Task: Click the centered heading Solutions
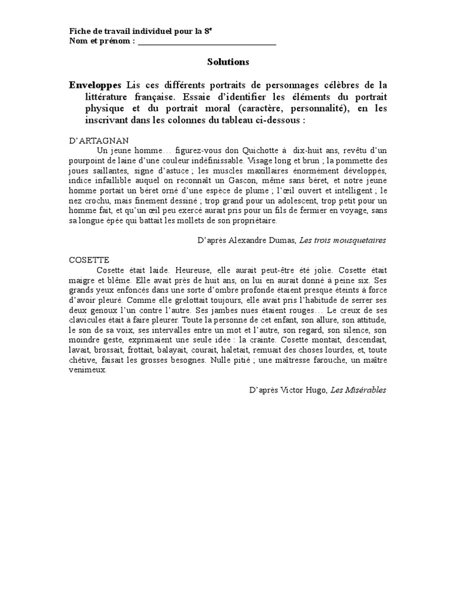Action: click(228, 62)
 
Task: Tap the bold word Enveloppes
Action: click(95, 84)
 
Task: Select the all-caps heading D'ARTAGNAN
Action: click(95, 140)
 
